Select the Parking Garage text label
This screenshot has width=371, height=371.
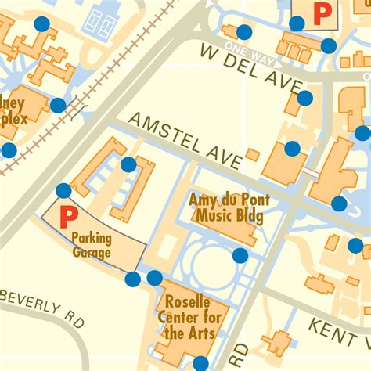[x=91, y=245]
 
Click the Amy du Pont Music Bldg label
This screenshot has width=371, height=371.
[x=225, y=208]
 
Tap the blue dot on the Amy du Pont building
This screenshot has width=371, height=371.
[x=240, y=255]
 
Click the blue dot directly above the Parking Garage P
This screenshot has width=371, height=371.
[x=63, y=190]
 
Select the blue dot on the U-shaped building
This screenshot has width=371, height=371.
[x=128, y=164]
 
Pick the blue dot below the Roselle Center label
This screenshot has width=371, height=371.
[x=201, y=363]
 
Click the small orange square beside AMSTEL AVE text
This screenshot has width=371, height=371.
[x=253, y=155]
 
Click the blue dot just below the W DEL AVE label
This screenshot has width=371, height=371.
[x=304, y=98]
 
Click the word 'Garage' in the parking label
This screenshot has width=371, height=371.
[x=92, y=253]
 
